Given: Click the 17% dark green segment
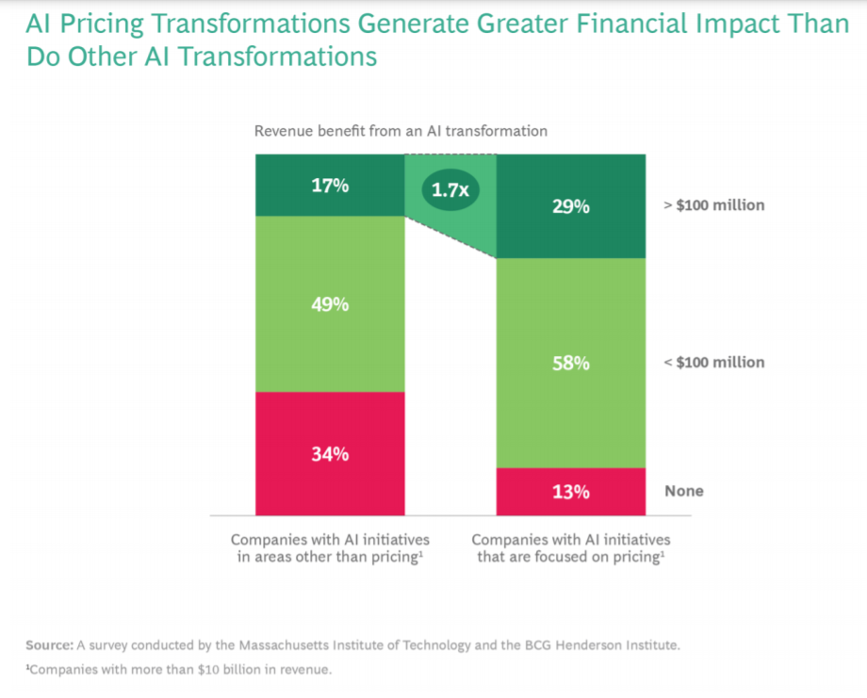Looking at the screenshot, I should tap(330, 186).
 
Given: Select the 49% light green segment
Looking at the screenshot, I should tap(330, 304).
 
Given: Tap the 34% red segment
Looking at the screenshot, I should tap(330, 453).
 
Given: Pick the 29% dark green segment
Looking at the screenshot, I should tap(571, 206).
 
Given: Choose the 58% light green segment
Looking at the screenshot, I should tap(571, 363).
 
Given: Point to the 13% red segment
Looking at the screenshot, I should tap(571, 492).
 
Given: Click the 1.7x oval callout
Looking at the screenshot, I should tap(450, 190).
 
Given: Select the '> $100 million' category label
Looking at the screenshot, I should tap(714, 205).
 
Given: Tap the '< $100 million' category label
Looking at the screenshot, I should tap(714, 363).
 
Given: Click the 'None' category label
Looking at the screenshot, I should tap(684, 491).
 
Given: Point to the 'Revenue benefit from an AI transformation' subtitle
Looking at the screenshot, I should tap(401, 131).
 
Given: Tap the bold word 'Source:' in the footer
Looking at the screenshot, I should tap(49, 645).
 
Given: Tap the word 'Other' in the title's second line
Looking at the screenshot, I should tap(108, 57).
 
